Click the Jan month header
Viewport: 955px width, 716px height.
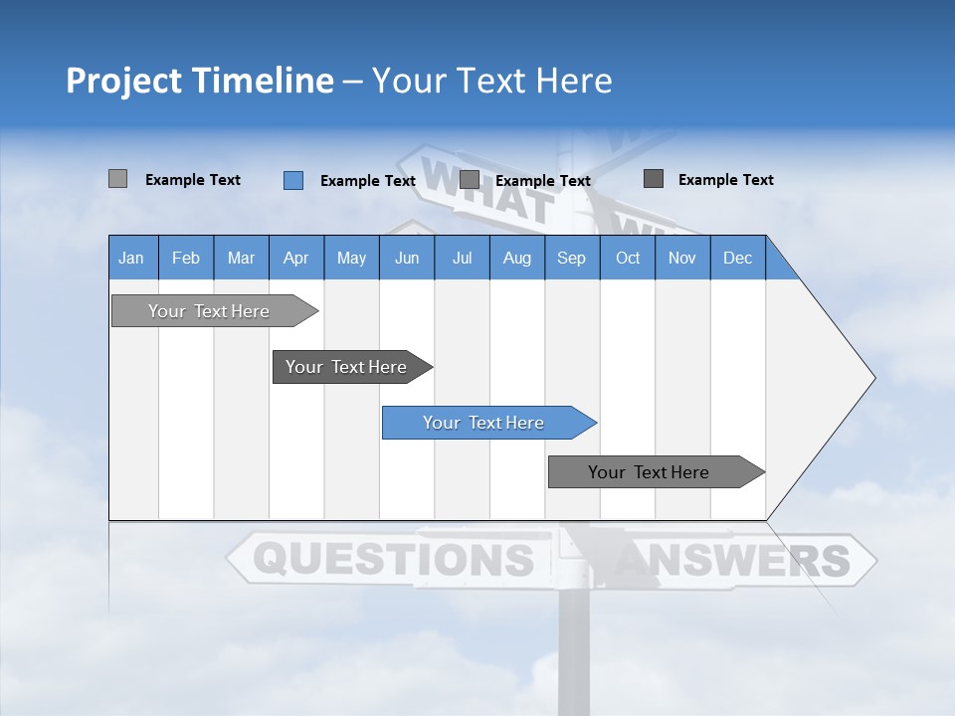(132, 258)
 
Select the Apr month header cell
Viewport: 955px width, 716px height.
(295, 258)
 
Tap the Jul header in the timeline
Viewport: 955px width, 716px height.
(462, 258)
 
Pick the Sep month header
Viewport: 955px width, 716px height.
(571, 258)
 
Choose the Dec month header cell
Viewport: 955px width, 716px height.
(737, 258)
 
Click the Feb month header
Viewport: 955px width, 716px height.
(186, 258)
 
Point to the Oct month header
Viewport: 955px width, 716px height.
(627, 258)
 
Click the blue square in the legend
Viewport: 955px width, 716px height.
(293, 180)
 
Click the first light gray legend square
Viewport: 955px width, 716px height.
(118, 179)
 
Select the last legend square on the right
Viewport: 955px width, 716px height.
(654, 179)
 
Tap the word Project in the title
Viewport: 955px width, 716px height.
(123, 81)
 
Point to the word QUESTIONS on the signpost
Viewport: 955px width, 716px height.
(392, 560)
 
